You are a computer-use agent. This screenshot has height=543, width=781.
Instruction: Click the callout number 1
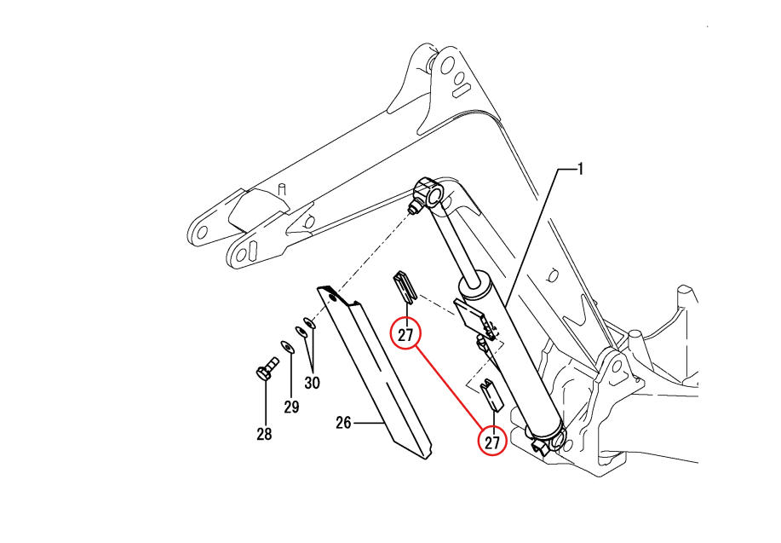[580, 170]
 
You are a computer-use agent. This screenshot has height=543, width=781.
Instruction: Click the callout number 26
[344, 423]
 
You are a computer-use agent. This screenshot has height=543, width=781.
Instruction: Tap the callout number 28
[264, 434]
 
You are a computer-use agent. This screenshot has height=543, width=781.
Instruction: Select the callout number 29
[291, 407]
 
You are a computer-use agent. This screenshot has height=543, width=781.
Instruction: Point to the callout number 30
[312, 383]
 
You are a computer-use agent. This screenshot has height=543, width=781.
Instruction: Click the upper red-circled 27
[406, 334]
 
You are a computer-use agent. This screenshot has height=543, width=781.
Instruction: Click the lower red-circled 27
[492, 442]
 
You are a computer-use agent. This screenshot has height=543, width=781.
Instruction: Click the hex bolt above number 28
[266, 368]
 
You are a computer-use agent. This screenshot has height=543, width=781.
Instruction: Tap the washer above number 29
[287, 347]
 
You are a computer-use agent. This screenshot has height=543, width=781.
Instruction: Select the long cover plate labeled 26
[375, 372]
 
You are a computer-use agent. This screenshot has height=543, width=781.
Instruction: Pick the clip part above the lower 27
[492, 395]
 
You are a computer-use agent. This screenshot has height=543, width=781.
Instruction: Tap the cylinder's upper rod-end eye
[429, 192]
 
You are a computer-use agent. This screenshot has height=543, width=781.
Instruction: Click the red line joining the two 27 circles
[448, 387]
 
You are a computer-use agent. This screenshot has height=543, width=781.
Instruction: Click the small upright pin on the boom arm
[282, 189]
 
